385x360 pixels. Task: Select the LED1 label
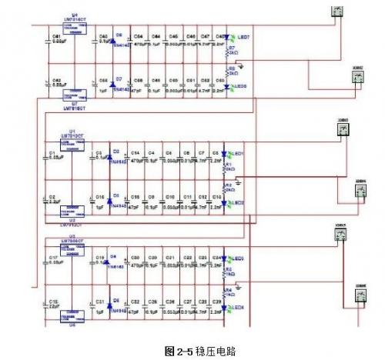coord(239,155)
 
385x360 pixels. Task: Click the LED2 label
coord(239,202)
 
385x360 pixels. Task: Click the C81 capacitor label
coord(55,36)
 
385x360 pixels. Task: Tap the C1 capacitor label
coord(52,153)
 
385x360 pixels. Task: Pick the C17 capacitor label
coord(52,258)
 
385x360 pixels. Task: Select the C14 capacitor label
coord(136,153)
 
